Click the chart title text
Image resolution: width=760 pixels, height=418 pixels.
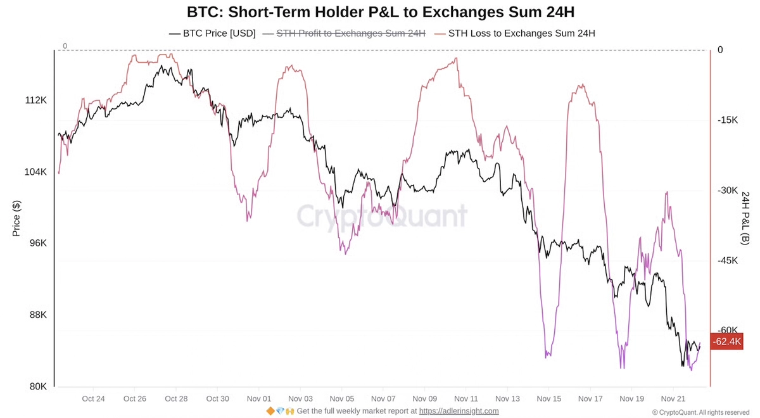(380, 12)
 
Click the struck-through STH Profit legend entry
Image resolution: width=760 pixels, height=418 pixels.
(345, 33)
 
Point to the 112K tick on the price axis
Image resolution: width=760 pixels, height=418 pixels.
(35, 100)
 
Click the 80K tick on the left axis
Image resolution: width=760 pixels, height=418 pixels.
(37, 386)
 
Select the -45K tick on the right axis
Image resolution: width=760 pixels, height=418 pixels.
(728, 260)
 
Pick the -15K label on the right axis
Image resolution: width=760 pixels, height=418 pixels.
(728, 120)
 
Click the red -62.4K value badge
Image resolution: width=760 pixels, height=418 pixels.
(726, 341)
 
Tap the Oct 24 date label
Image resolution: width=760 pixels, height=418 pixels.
(93, 398)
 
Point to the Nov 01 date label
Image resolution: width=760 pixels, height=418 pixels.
(258, 398)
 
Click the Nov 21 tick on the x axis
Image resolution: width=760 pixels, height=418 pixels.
(673, 398)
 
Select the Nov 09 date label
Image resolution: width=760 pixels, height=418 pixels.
(424, 398)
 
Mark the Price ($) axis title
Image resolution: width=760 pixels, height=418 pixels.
(17, 218)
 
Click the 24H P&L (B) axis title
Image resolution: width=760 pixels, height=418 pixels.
(745, 218)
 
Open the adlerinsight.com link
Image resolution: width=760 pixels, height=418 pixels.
(459, 411)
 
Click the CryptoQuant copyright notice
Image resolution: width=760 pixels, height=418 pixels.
(700, 412)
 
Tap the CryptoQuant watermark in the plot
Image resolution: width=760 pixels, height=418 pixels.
(382, 216)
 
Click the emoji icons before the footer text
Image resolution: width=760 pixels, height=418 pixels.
(281, 411)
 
